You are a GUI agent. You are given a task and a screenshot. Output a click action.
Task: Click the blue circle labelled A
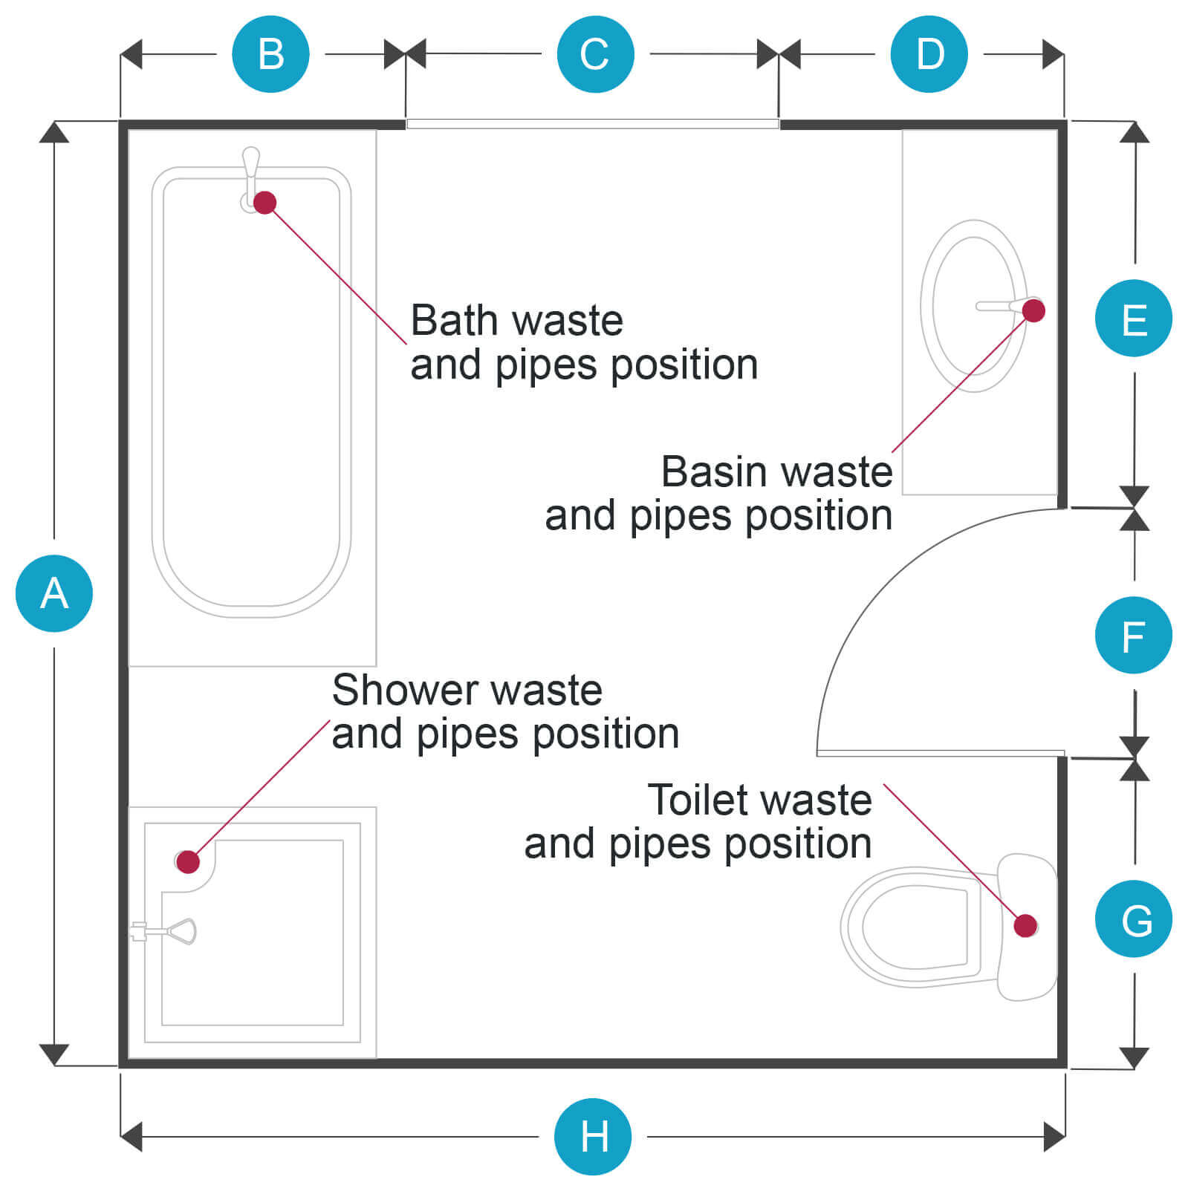coord(54,593)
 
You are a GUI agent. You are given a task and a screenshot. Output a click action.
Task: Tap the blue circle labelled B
coord(270,54)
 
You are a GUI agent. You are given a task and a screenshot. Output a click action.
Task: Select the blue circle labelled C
coord(595,54)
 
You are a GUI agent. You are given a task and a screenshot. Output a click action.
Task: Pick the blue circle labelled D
coord(929,54)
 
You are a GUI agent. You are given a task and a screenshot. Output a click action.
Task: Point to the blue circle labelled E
coord(1133,319)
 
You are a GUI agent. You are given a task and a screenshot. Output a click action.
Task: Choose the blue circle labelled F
coord(1133,636)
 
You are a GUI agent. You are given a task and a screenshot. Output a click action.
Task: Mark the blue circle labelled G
coord(1133,919)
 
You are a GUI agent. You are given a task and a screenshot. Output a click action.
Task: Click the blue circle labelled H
coord(593,1136)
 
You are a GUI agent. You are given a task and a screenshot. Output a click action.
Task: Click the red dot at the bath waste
coord(265,202)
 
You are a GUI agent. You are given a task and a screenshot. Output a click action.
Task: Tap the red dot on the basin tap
coord(1033,310)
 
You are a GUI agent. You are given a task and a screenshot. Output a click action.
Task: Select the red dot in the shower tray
coord(189,861)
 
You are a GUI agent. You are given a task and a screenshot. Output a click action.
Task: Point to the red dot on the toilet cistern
coord(1025,925)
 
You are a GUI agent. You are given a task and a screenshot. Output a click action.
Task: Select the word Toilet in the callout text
coord(698,800)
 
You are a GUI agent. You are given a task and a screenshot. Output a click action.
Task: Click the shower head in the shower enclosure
coord(181,930)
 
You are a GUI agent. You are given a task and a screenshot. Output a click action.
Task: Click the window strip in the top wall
coord(592,124)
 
